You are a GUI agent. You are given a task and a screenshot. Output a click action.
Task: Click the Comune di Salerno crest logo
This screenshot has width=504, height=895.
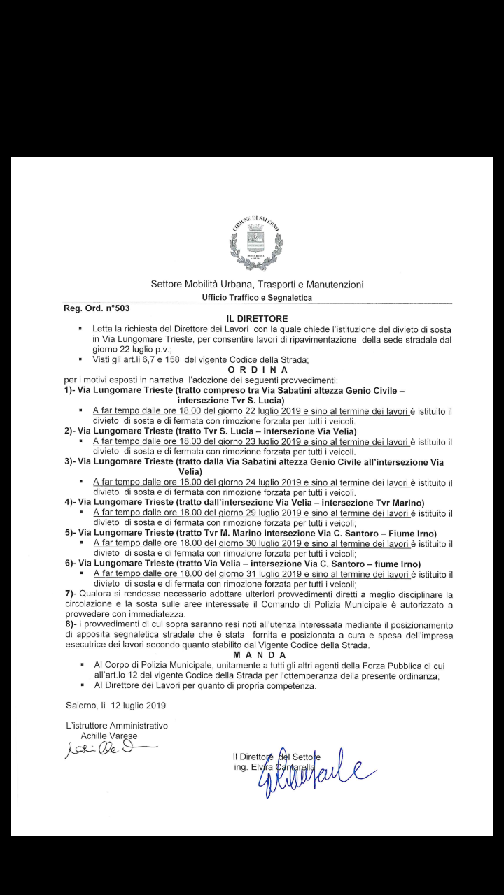coord(256,242)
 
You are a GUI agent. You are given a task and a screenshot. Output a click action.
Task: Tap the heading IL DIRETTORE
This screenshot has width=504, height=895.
coord(257,318)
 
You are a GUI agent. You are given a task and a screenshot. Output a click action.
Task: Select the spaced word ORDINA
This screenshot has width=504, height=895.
coord(257,369)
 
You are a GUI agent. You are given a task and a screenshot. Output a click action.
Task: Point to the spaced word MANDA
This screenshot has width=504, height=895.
coord(257,654)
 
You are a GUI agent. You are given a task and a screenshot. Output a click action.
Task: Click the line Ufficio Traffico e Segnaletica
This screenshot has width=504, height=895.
coord(257,297)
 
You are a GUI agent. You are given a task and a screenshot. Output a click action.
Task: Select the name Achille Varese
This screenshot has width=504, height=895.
coord(109,736)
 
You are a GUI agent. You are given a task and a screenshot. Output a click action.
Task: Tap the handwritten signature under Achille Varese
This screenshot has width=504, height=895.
coord(105,750)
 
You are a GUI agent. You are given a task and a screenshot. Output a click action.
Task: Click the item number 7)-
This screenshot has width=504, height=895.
coord(70,594)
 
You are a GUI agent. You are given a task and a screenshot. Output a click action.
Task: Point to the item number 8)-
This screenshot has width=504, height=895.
coord(70,624)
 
